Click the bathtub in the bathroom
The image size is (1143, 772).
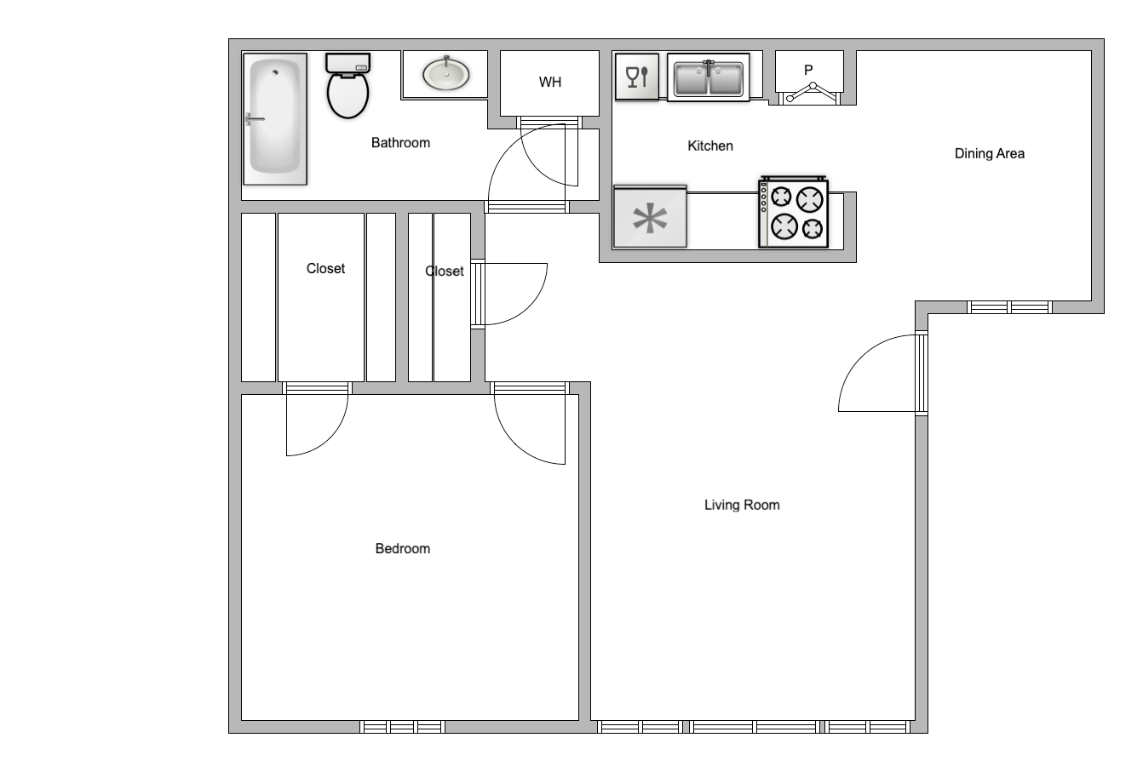tap(275, 119)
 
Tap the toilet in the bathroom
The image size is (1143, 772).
tap(348, 87)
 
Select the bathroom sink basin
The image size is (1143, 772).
tap(446, 74)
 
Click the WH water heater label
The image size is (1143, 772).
tap(550, 83)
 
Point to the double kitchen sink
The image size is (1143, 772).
tap(708, 78)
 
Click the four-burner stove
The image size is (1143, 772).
tap(793, 213)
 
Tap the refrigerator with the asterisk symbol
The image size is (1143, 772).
tap(650, 217)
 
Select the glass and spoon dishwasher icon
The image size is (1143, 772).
tap(637, 77)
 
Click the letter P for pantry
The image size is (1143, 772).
tap(808, 70)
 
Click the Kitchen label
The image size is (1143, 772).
tap(710, 146)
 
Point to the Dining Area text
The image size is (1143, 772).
tap(989, 154)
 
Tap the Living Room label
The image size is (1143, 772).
tap(742, 505)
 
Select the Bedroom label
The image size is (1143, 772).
tap(403, 549)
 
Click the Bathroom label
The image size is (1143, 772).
tap(400, 143)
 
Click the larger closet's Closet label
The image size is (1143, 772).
tap(325, 269)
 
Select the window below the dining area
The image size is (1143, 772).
tap(1009, 307)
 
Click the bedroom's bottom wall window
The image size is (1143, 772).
tap(403, 727)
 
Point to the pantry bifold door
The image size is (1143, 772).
tap(813, 92)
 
